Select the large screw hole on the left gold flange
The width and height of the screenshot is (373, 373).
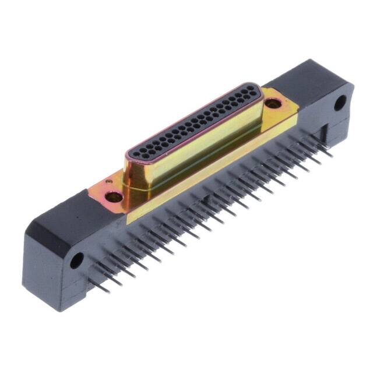point(115,196)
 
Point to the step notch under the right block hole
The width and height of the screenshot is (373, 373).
point(338,125)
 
